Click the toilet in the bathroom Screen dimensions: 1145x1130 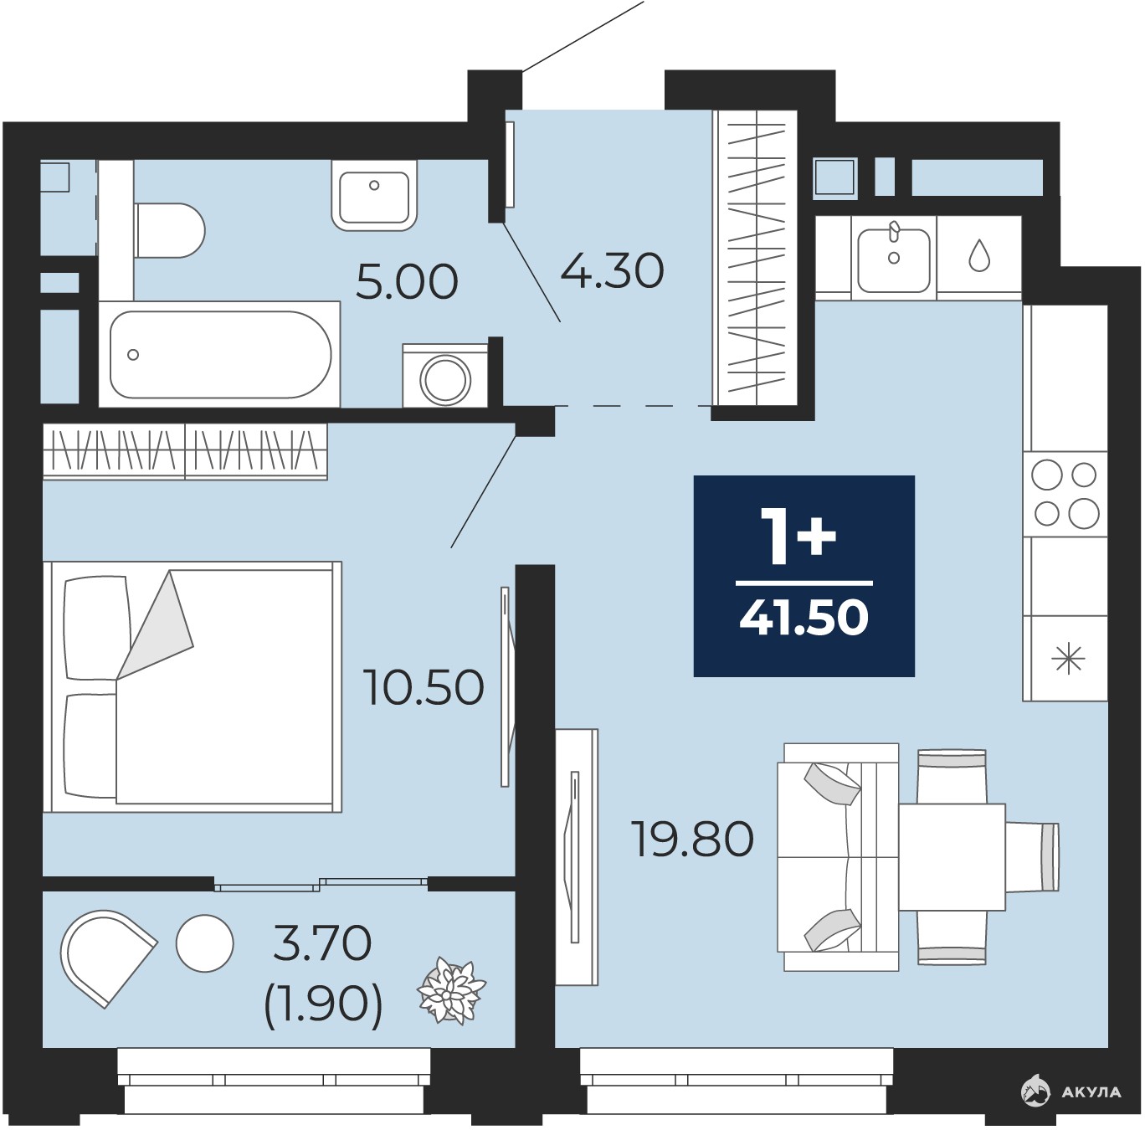pyautogui.click(x=169, y=231)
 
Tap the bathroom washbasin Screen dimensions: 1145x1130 pyautogui.click(x=374, y=195)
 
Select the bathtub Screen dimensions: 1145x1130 pyautogui.click(x=220, y=354)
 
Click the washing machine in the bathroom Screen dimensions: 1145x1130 pyautogui.click(x=445, y=376)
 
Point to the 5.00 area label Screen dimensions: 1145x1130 pyautogui.click(x=407, y=282)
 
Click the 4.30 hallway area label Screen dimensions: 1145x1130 pyautogui.click(x=612, y=270)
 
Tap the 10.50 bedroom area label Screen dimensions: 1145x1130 pyautogui.click(x=425, y=687)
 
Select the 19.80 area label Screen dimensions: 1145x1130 pyautogui.click(x=693, y=839)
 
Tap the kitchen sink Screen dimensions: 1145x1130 pyautogui.click(x=894, y=257)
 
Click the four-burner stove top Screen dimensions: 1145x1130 pyautogui.click(x=1065, y=495)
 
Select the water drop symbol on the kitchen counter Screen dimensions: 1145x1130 pyautogui.click(x=979, y=255)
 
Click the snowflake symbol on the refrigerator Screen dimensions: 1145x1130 pyautogui.click(x=1068, y=659)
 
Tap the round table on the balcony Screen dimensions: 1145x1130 pyautogui.click(x=204, y=943)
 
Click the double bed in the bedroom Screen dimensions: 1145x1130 pyautogui.click(x=193, y=687)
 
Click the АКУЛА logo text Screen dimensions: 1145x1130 pyautogui.click(x=1091, y=1091)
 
